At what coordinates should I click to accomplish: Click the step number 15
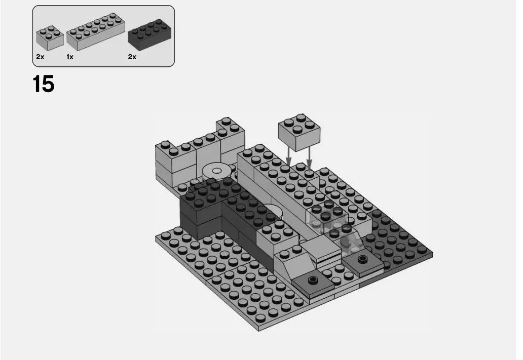pyautogui.click(x=44, y=84)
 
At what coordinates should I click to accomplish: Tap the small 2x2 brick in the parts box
pyautogui.click(x=50, y=37)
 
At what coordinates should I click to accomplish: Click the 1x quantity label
pyautogui.click(x=70, y=57)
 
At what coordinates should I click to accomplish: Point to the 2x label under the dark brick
pyautogui.click(x=132, y=57)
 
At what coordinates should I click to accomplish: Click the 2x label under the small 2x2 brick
pyautogui.click(x=40, y=57)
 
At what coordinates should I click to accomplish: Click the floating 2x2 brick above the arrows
pyautogui.click(x=299, y=131)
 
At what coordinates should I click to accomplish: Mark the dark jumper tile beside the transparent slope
pyautogui.click(x=362, y=260)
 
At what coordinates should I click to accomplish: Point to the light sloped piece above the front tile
pyautogui.click(x=294, y=264)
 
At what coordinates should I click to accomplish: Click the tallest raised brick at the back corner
pyautogui.click(x=231, y=134)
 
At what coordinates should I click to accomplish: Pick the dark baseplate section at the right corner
pyautogui.click(x=400, y=243)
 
